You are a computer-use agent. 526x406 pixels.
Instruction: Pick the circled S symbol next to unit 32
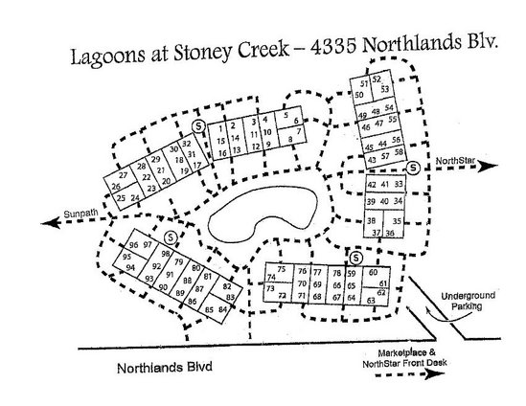(198, 125)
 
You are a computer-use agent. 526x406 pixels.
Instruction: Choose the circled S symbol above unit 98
(169, 237)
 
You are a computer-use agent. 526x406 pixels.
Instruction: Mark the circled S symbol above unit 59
(355, 257)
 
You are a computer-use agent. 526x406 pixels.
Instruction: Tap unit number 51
(364, 84)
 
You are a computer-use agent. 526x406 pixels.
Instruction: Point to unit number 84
(224, 309)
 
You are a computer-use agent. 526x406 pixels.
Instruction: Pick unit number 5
(285, 117)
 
